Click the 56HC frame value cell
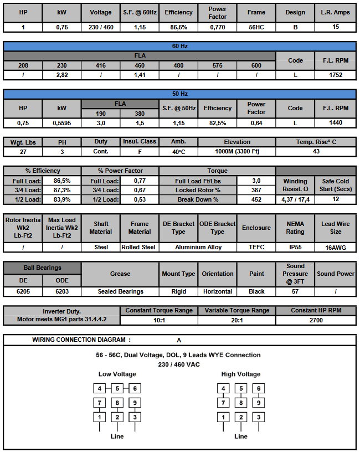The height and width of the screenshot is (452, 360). coord(256,27)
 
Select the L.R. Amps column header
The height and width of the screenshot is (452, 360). coord(335,12)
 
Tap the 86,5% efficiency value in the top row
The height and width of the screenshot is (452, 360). coord(178,27)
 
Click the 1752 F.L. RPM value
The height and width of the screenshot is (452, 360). coord(335,75)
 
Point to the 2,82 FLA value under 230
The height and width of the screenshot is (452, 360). coord(61,75)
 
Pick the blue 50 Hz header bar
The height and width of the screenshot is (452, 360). coord(180,94)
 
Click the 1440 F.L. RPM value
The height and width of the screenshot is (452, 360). coord(335,122)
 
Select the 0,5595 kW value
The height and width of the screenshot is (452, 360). coord(61,122)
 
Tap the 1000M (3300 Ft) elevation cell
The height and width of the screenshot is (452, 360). coord(237,151)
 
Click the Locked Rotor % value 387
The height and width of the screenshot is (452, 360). coord(256,190)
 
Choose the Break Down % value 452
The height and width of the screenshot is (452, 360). coord(256,199)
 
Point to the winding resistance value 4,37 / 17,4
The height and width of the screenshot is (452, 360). coord(295,199)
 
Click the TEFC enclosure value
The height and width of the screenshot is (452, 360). coord(256,247)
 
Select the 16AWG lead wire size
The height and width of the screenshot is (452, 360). coord(335,247)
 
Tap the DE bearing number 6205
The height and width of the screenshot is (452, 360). coord(23,291)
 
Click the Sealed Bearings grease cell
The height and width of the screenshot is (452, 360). coord(120,291)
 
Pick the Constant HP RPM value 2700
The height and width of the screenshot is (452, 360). coord(315,320)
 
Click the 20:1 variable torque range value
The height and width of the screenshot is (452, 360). coord(237,320)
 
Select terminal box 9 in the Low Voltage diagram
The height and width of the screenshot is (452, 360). coord(135,403)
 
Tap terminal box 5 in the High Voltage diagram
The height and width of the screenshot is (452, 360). coord(241,388)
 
